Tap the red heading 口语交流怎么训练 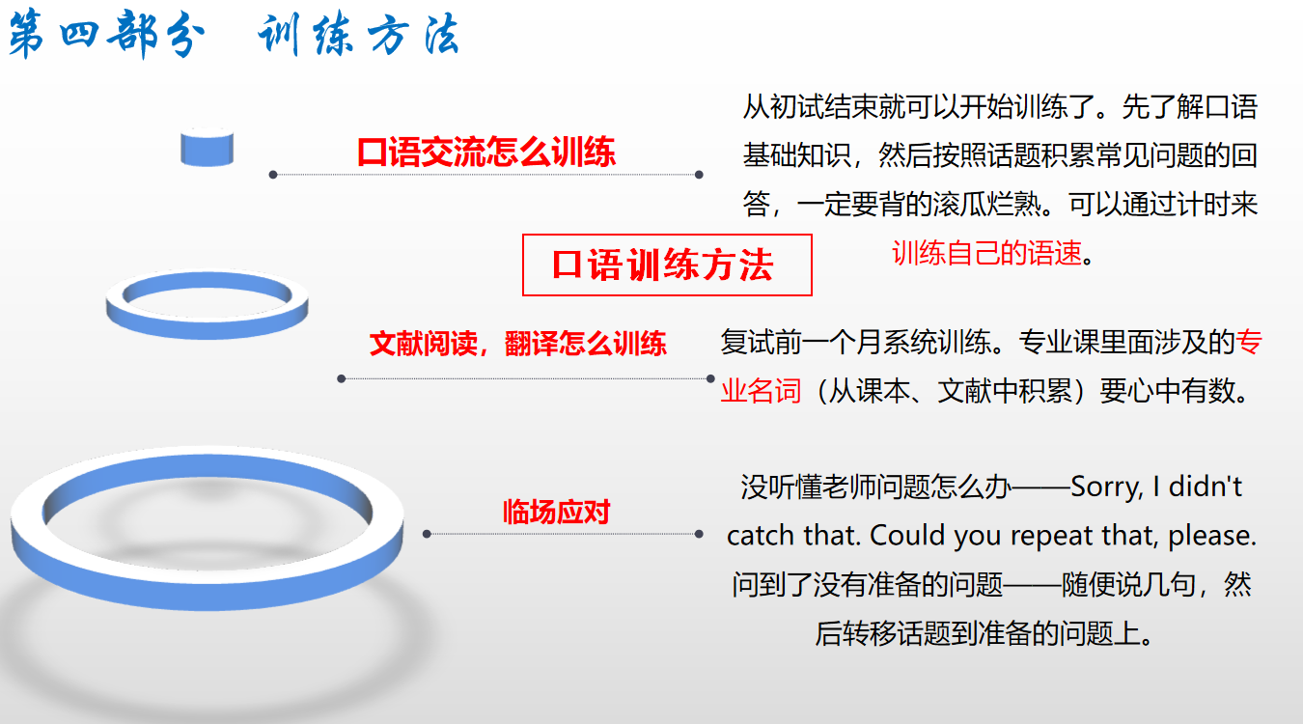[486, 153]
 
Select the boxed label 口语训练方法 [667, 265]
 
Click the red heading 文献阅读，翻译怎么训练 [517, 344]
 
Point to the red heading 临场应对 [556, 513]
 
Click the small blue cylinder [208, 147]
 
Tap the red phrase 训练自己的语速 [986, 253]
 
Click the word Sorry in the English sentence [1106, 487]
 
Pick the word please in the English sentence [1211, 537]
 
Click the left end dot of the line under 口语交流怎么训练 [273, 175]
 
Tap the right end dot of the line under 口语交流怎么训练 [699, 175]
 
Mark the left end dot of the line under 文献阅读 [342, 378]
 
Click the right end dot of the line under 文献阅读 [710, 378]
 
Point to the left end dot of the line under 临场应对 [427, 534]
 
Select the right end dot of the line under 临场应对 [699, 534]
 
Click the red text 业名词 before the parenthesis [761, 391]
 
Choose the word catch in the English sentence [761, 536]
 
